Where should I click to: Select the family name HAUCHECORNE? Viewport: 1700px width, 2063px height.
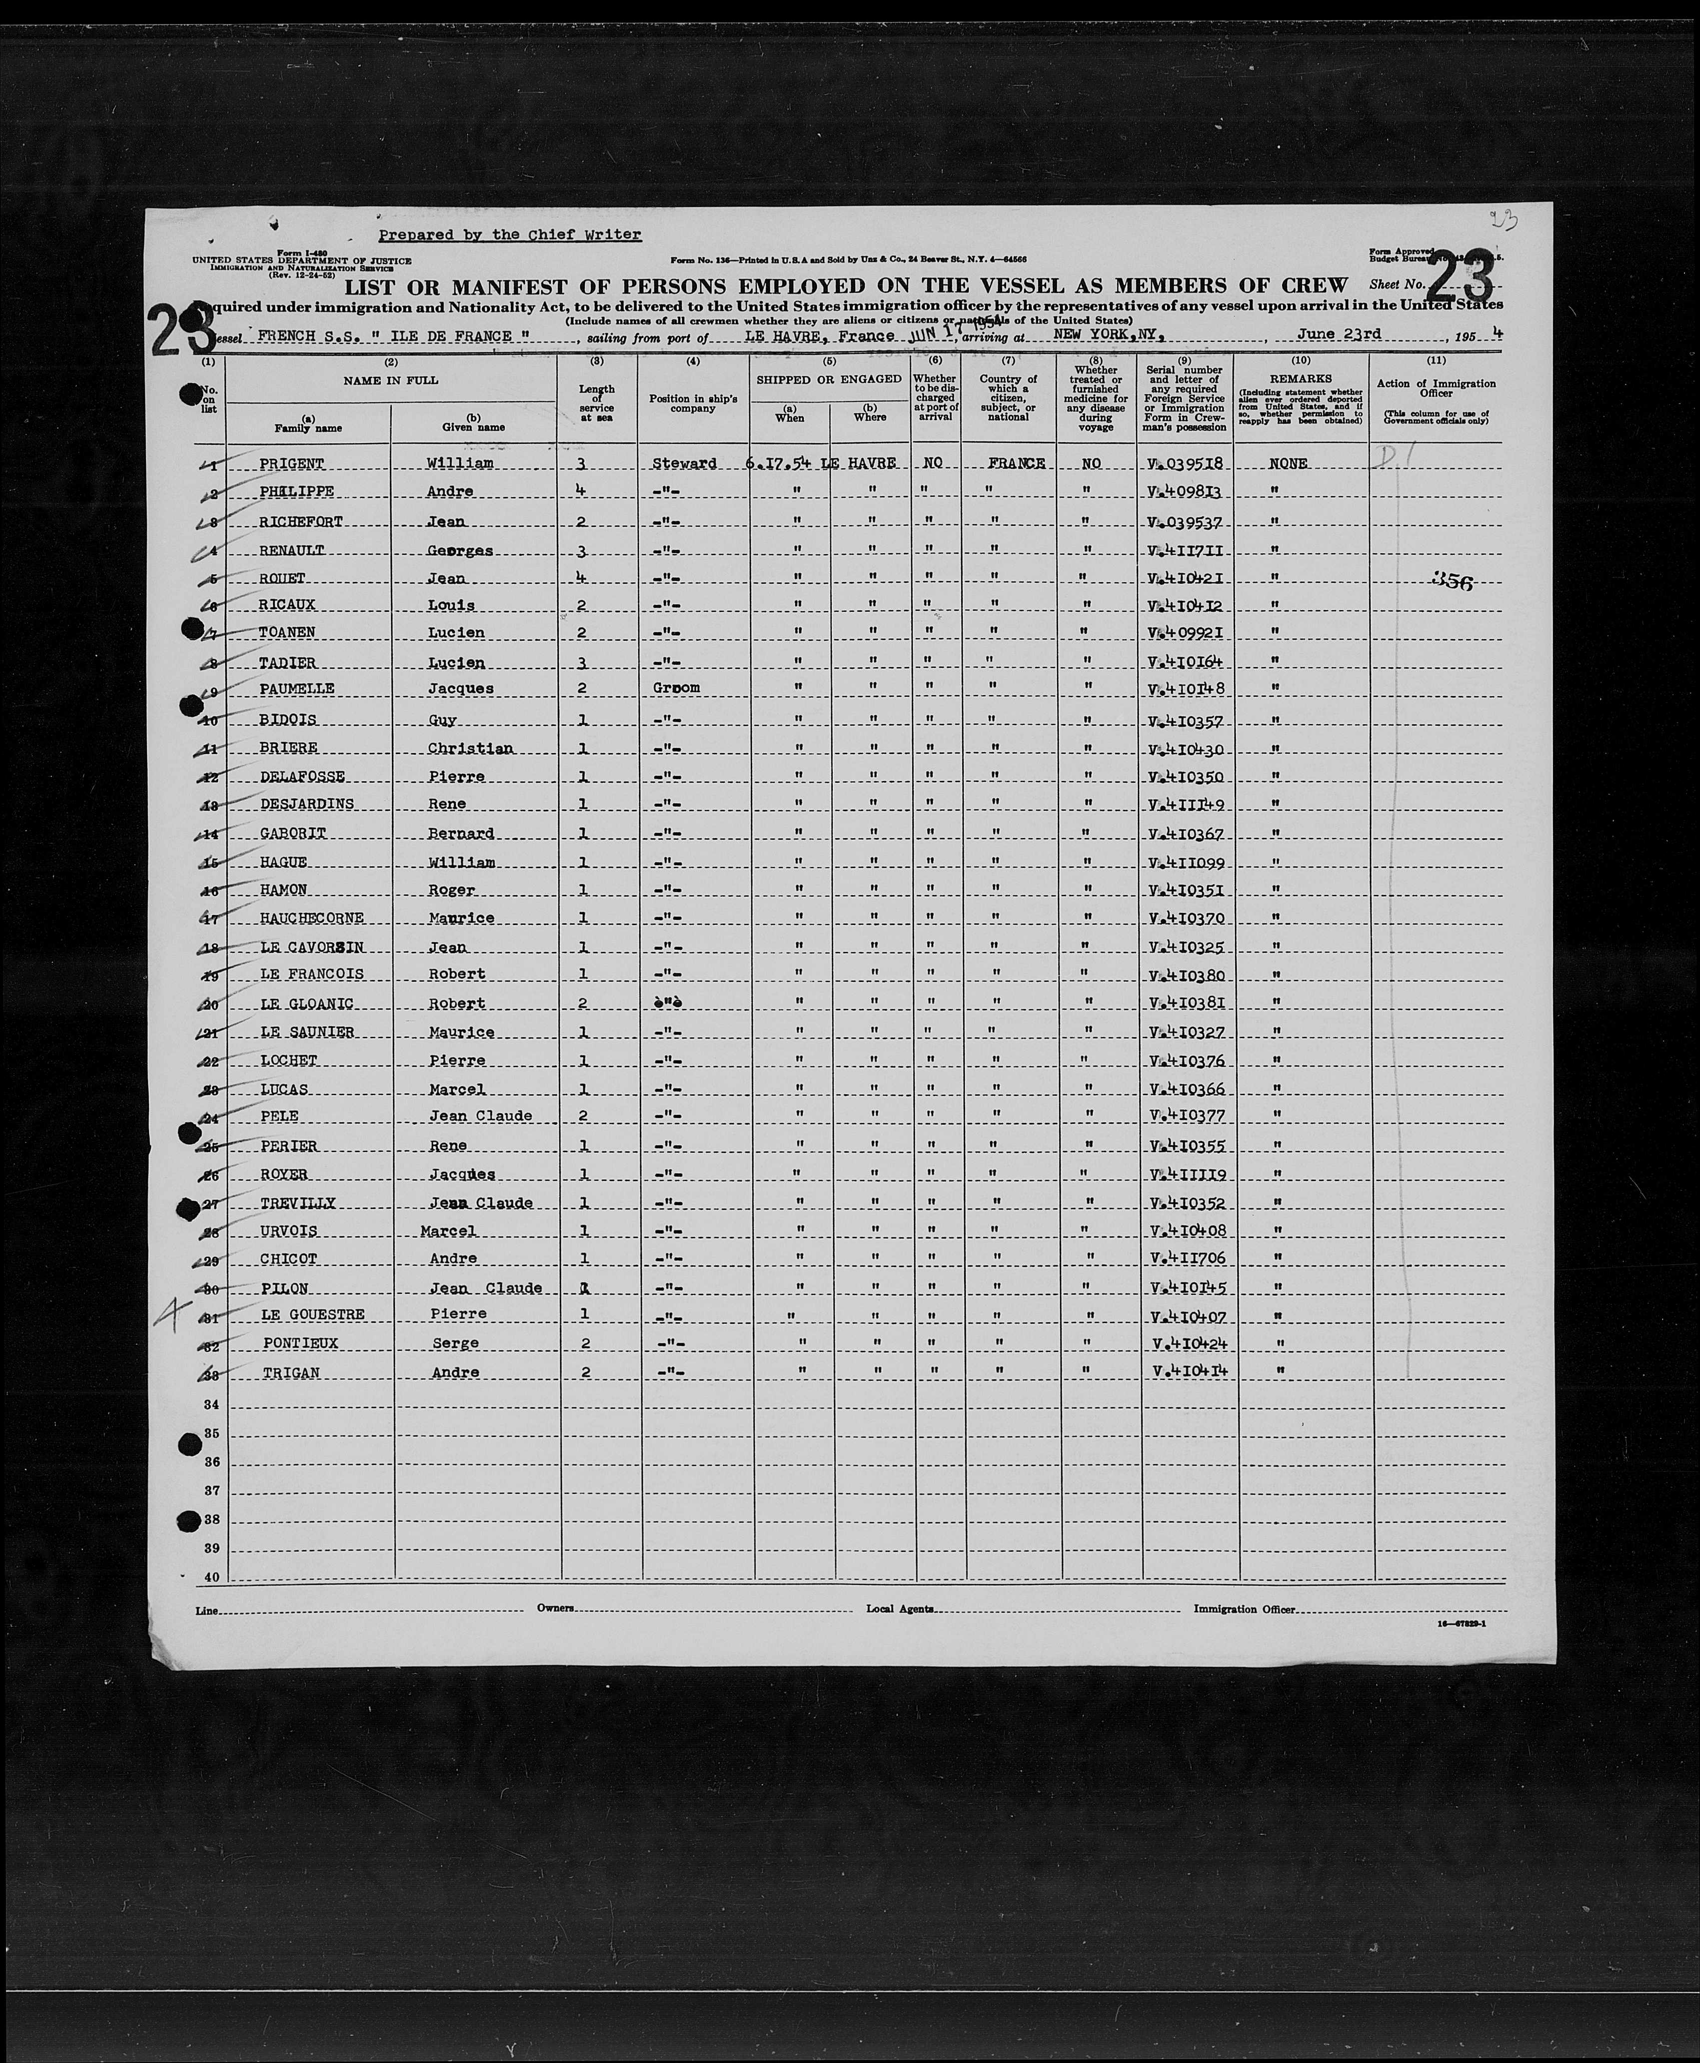(x=311, y=919)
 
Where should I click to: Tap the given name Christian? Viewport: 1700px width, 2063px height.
(x=470, y=749)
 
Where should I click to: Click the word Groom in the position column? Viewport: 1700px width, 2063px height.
(x=676, y=688)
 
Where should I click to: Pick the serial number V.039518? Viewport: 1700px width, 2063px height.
(x=1186, y=464)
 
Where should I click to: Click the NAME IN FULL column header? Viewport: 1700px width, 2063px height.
(x=391, y=380)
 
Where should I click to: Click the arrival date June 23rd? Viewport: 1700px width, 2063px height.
(x=1339, y=334)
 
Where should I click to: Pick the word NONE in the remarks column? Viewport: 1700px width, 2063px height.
(x=1288, y=464)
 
